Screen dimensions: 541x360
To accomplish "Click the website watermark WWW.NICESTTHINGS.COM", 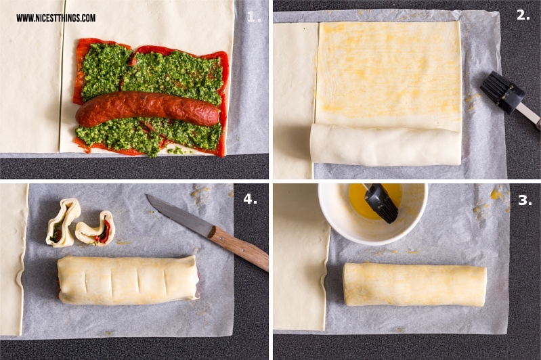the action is [56, 18].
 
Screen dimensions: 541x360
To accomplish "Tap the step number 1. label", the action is [254, 16].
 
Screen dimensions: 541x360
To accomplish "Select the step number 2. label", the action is [523, 14].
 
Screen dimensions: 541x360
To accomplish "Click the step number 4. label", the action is [250, 198].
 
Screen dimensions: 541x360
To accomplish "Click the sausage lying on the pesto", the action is [148, 109].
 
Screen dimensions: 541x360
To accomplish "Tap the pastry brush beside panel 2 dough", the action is [509, 97].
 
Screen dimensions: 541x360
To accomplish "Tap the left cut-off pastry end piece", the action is [63, 223].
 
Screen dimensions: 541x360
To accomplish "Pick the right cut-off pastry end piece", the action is [96, 229].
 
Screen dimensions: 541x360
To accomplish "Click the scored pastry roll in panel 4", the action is [129, 280].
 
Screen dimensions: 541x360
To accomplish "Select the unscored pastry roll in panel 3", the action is [414, 284].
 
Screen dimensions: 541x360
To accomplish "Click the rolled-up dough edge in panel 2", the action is [385, 145].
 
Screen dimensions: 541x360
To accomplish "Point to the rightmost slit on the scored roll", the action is [165, 281].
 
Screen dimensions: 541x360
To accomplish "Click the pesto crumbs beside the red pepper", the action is [177, 151].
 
